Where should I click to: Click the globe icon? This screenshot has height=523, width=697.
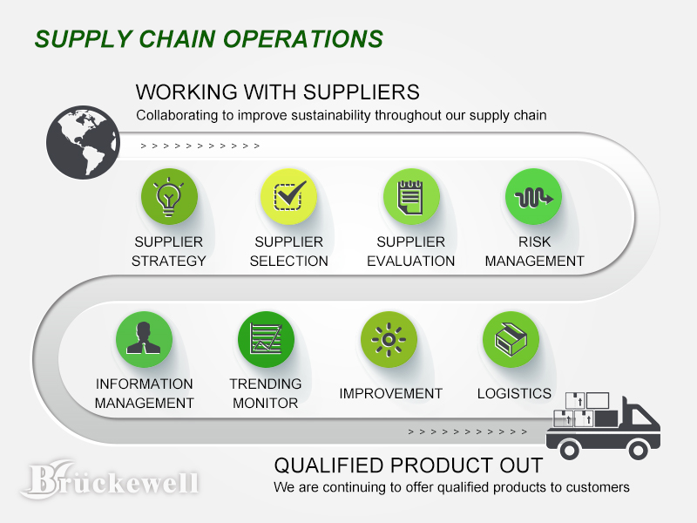[x=83, y=142]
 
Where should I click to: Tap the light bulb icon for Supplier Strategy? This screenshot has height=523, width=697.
[x=169, y=197]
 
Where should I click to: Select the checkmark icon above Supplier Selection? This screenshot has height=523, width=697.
[x=289, y=197]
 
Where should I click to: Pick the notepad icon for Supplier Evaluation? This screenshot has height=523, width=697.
[x=411, y=197]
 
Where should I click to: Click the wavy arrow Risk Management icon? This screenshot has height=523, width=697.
[x=533, y=197]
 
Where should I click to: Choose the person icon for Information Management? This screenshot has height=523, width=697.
[x=144, y=339]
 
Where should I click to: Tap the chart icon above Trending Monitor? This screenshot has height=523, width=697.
[x=266, y=339]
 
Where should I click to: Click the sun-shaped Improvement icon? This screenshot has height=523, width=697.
[x=389, y=339]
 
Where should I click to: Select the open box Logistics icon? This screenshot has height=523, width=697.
[x=511, y=339]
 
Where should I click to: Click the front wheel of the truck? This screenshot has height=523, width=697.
[x=639, y=450]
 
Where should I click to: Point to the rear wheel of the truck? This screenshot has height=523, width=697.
[x=569, y=450]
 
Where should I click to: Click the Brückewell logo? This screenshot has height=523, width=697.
[x=111, y=480]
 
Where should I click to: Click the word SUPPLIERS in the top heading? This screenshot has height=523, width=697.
[x=362, y=92]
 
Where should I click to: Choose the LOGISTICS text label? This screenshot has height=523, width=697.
[x=514, y=394]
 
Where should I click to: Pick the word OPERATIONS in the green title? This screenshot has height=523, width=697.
[x=302, y=39]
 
